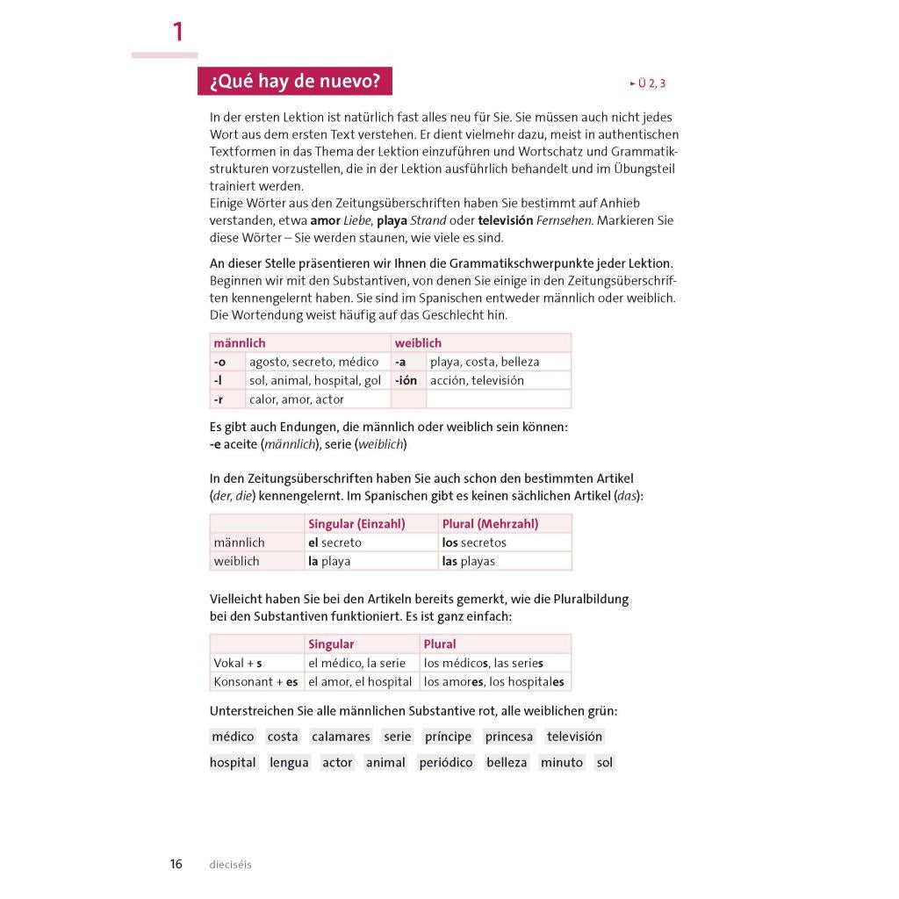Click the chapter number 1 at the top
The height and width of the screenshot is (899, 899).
click(178, 32)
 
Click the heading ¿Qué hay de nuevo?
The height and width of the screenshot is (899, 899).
click(294, 82)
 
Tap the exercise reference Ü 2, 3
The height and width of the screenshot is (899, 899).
click(648, 83)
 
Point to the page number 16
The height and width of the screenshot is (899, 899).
click(176, 864)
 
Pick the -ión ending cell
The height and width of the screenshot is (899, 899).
click(406, 380)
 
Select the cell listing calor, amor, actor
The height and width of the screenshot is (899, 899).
click(297, 399)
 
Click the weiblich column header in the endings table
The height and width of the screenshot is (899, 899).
click(418, 342)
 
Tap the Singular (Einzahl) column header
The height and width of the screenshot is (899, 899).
click(356, 523)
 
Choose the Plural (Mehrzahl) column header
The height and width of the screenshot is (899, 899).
click(490, 523)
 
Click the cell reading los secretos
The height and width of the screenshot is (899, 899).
click(474, 543)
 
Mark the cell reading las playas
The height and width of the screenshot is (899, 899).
click(469, 561)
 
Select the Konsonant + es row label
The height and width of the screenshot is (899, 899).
click(255, 681)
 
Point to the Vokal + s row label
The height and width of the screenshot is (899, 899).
click(238, 663)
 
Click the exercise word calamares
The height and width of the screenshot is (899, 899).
click(341, 737)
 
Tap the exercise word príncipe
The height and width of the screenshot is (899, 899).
click(448, 737)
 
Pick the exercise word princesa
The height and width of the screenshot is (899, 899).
click(509, 737)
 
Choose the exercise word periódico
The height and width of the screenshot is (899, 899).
click(446, 762)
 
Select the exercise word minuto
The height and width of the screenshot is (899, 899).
click(562, 762)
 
